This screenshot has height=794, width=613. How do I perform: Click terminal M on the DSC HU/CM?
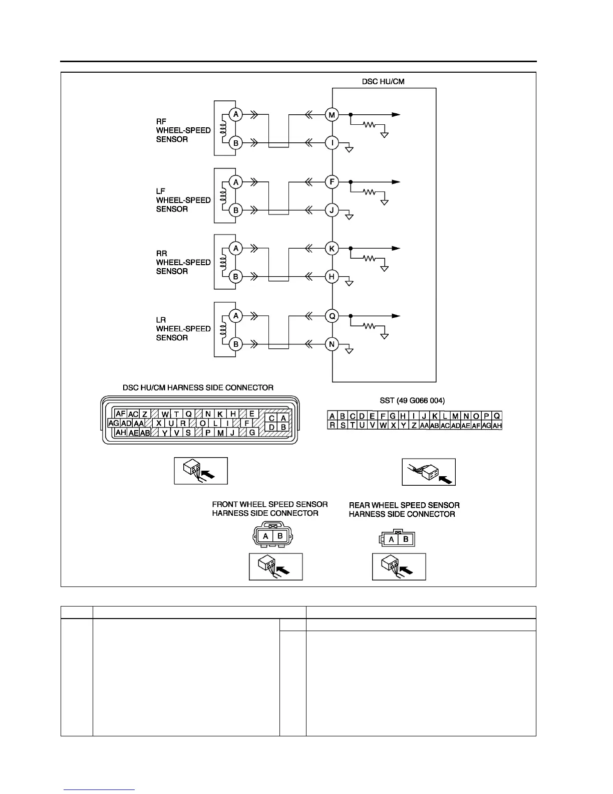point(332,115)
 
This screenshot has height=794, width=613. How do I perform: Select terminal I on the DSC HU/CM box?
point(332,143)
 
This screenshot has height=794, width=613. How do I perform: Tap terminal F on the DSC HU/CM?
point(332,182)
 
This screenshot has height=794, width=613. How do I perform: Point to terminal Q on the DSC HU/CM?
point(332,316)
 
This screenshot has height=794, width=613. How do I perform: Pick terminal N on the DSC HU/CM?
point(332,344)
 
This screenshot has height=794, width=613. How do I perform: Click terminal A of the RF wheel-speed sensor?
point(236,115)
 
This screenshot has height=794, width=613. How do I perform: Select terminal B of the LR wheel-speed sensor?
point(236,344)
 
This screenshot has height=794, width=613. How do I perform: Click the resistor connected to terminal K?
point(370,259)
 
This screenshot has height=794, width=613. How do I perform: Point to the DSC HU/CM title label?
point(383,81)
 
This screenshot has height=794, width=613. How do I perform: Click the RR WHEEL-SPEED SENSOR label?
point(183,262)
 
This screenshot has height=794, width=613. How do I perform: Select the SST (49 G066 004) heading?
point(412,401)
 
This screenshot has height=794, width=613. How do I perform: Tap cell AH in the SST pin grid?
point(497,426)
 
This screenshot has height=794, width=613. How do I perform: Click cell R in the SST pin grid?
point(332,426)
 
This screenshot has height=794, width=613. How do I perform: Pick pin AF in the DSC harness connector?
point(120,414)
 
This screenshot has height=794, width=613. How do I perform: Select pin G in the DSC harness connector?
point(252,432)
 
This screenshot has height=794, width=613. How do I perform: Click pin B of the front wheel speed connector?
point(280,536)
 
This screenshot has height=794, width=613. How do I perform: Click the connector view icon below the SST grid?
point(429,472)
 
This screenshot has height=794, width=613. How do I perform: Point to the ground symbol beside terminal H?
point(350,283)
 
